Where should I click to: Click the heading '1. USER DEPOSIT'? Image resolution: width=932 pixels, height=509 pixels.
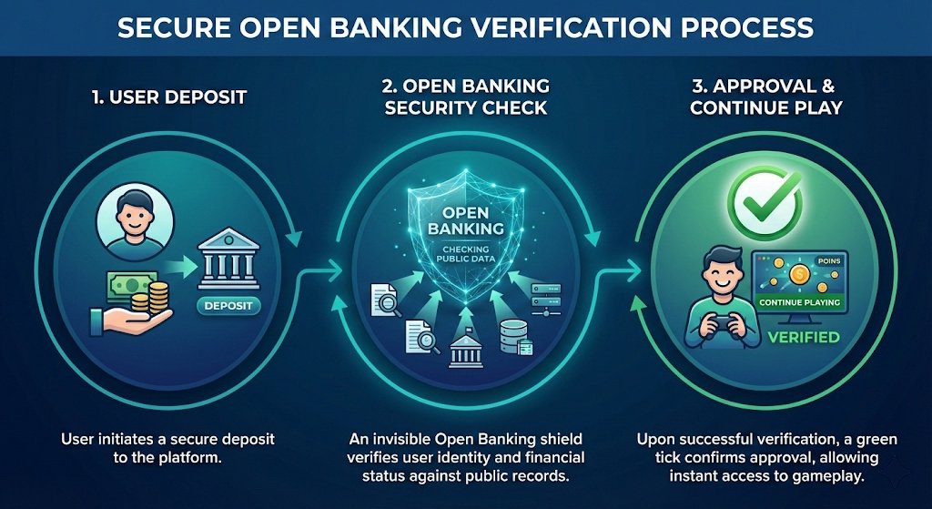tap(169, 97)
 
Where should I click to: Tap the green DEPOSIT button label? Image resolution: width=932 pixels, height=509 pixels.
tap(228, 306)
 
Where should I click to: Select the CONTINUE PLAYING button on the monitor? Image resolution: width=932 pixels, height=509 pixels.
tap(798, 302)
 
